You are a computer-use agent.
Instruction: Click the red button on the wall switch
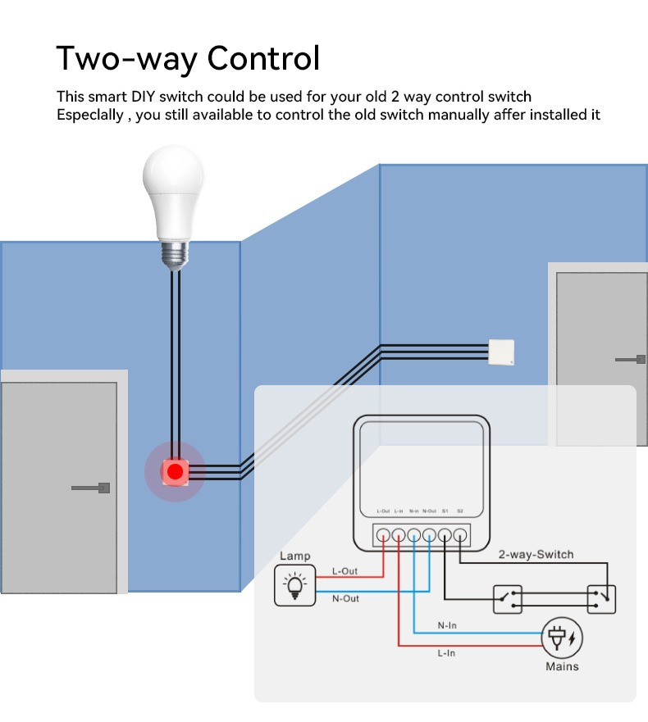tap(175, 471)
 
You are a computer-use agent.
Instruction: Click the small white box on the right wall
tap(501, 352)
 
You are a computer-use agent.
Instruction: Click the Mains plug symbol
tap(562, 638)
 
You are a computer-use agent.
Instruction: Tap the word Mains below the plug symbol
tap(562, 666)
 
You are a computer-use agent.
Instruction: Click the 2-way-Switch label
tap(536, 555)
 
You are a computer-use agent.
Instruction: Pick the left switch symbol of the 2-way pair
tap(507, 599)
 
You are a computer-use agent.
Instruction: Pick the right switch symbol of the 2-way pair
tap(601, 599)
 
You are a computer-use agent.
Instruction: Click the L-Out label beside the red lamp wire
tap(345, 570)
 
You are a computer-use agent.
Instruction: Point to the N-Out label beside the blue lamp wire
tap(345, 599)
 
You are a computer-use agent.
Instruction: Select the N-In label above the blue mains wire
tap(447, 625)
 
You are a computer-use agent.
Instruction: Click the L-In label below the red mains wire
tap(447, 653)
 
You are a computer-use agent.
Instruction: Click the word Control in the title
tap(263, 58)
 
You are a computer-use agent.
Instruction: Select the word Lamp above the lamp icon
tap(294, 556)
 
